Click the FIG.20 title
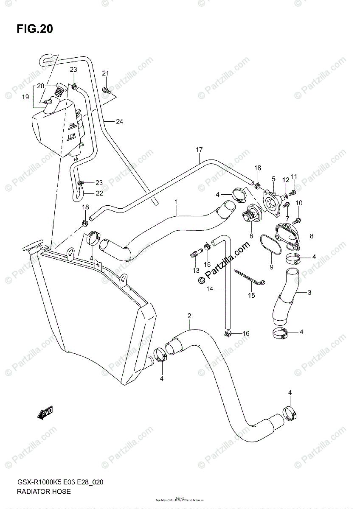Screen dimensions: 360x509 click(35, 29)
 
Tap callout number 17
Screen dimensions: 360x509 click(199, 150)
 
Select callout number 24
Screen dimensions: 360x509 click(119, 122)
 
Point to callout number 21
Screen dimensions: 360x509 click(105, 74)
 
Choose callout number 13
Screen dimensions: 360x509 click(195, 271)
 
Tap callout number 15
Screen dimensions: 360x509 click(251, 295)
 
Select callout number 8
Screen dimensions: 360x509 click(311, 236)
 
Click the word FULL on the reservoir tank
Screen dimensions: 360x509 click(73, 125)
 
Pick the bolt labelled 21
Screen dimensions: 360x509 click(106, 89)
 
